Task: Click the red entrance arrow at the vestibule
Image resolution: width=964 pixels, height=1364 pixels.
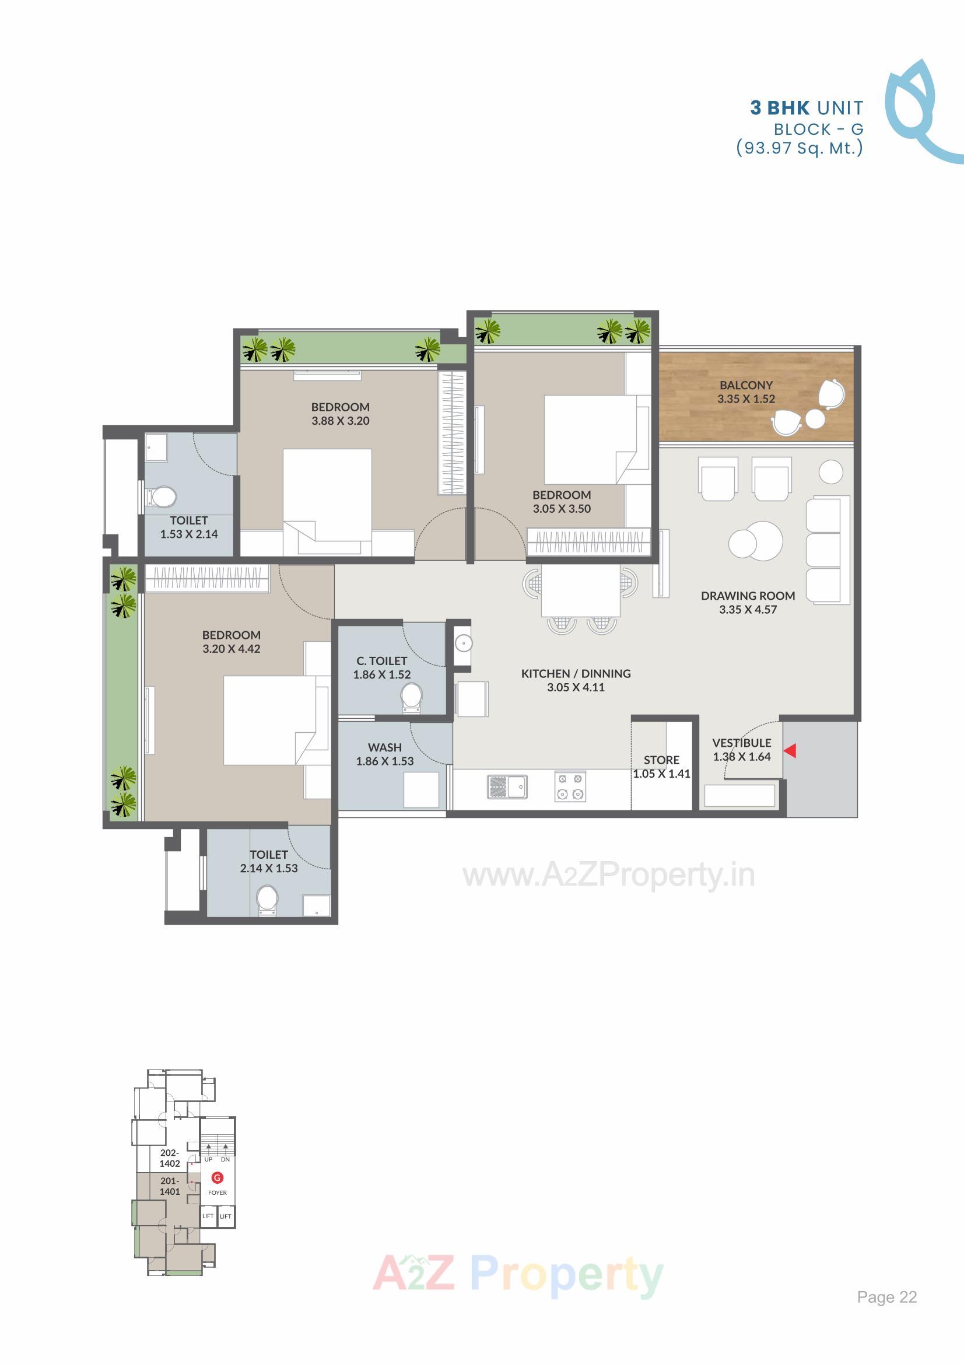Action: click(790, 751)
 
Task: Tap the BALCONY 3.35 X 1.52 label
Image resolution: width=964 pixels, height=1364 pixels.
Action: click(746, 392)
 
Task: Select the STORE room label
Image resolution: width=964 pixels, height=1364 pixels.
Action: click(661, 760)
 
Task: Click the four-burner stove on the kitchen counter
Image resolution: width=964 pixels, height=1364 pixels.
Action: click(570, 786)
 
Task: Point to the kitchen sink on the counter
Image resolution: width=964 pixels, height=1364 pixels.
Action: click(507, 786)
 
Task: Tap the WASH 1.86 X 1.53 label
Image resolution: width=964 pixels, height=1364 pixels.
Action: click(385, 754)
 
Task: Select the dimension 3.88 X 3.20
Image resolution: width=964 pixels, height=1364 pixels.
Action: click(341, 421)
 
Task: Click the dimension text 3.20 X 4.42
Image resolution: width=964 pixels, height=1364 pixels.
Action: click(231, 649)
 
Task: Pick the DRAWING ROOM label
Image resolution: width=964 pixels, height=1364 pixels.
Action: click(747, 596)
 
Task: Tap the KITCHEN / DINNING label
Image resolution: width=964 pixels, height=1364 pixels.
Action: click(576, 674)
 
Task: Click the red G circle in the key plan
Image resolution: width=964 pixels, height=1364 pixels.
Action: click(218, 1177)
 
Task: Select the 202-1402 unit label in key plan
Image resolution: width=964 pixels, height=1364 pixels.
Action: click(169, 1158)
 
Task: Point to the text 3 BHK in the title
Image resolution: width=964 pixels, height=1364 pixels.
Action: click(779, 108)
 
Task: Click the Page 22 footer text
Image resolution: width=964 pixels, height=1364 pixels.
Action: click(886, 1297)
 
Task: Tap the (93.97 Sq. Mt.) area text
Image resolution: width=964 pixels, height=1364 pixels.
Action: click(800, 148)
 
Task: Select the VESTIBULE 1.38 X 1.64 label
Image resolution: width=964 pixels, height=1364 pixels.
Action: click(741, 749)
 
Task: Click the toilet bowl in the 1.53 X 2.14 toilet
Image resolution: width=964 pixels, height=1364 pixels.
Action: click(162, 496)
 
